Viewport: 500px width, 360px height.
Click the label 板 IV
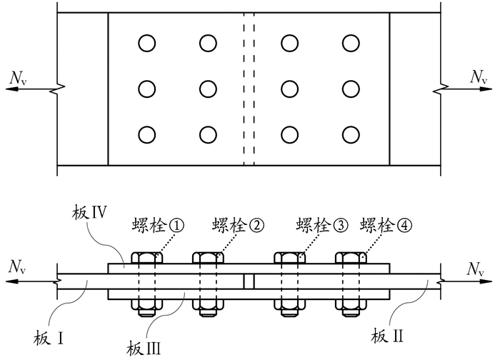[89, 212]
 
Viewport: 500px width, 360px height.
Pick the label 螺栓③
[321, 226]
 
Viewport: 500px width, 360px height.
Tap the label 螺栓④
[387, 226]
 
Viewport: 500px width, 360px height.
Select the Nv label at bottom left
[16, 267]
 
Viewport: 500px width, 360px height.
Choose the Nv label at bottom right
[477, 268]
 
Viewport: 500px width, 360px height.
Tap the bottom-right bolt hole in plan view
[350, 134]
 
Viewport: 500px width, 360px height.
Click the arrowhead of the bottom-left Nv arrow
[7, 281]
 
